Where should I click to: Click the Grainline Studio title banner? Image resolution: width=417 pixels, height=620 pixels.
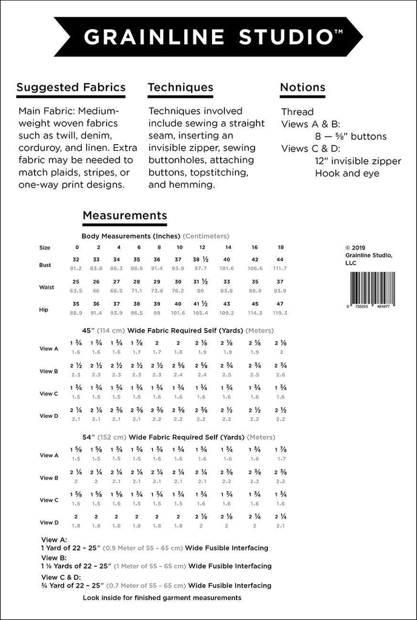pos(208,36)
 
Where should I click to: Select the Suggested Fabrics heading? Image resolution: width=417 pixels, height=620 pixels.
pos(71,87)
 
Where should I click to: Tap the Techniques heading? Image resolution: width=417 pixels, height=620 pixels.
pos(181,87)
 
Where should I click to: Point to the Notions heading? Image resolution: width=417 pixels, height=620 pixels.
pos(302,87)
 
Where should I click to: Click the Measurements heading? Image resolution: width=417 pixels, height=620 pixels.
pos(125,215)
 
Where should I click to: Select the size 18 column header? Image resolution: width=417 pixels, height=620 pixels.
pos(281,248)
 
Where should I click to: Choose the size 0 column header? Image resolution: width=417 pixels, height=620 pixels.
pos(77,248)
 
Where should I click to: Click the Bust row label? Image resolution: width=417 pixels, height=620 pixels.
pos(45,265)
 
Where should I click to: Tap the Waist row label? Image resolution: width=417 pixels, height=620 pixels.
pos(46,287)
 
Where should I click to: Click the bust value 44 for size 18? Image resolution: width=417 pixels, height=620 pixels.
pos(281,259)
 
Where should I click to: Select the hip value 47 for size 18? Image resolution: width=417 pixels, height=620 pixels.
pos(281,304)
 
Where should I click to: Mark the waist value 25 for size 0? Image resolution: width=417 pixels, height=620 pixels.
pos(76,282)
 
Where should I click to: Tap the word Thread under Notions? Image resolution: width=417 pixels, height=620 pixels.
pos(298,112)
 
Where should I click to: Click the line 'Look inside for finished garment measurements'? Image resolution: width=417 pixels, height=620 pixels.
pos(162,598)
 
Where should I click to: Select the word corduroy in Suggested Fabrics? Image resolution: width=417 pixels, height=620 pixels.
pos(41,148)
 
